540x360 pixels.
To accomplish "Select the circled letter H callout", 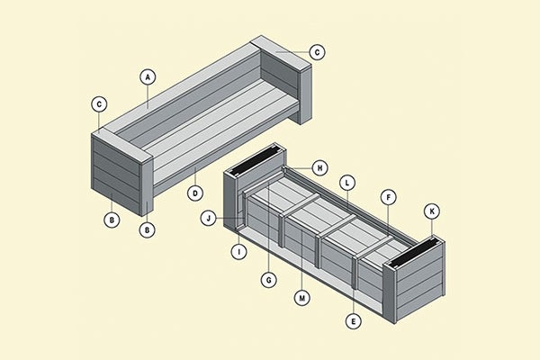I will (x=320, y=167).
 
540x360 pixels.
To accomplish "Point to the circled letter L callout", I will (x=346, y=183).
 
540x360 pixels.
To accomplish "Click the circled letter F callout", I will (x=387, y=196).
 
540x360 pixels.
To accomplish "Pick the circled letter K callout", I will (x=431, y=211).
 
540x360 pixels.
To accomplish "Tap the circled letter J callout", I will (x=209, y=218).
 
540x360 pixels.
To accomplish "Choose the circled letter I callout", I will (x=238, y=252).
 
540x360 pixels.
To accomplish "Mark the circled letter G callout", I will (x=268, y=279).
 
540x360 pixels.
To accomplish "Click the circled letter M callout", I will (x=301, y=296).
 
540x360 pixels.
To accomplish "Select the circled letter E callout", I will (x=352, y=319).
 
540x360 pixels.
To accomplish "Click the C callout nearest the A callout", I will (x=99, y=103).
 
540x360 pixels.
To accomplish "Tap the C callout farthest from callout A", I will (x=316, y=52).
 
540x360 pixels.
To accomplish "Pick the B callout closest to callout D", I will (x=148, y=229).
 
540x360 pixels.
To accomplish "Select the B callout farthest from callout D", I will (x=112, y=219).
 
